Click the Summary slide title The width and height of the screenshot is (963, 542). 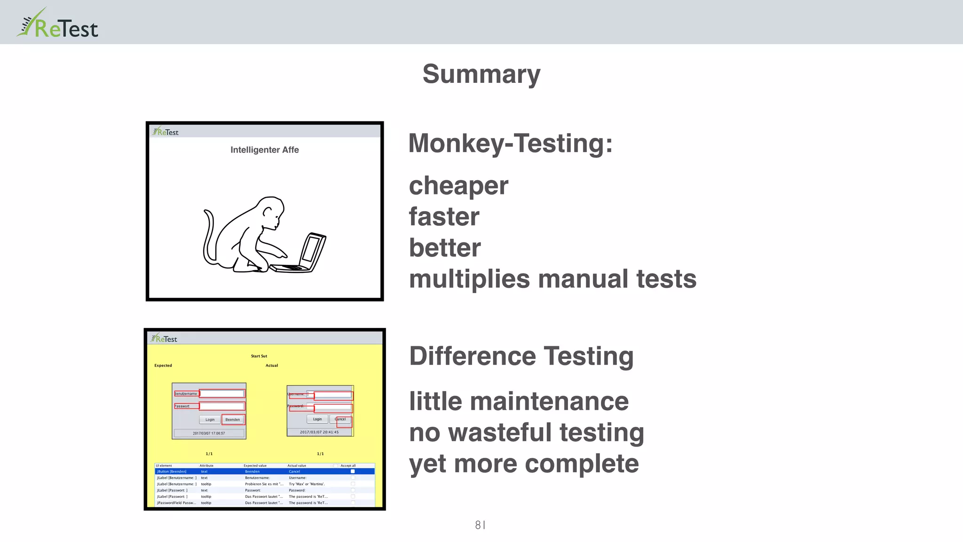[x=481, y=74]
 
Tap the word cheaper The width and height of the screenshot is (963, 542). [x=458, y=185]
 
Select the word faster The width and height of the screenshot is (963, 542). [x=444, y=217]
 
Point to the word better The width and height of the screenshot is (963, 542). [x=445, y=248]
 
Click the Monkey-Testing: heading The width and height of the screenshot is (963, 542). [x=510, y=143]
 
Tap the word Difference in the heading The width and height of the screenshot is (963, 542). [x=472, y=356]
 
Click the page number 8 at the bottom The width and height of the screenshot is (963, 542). [x=478, y=525]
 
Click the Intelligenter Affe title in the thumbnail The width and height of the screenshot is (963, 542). [x=264, y=150]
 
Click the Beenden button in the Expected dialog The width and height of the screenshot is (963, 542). [x=232, y=419]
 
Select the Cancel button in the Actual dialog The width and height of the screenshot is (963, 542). [x=340, y=419]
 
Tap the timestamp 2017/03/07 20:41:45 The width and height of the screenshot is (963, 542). [x=319, y=432]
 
